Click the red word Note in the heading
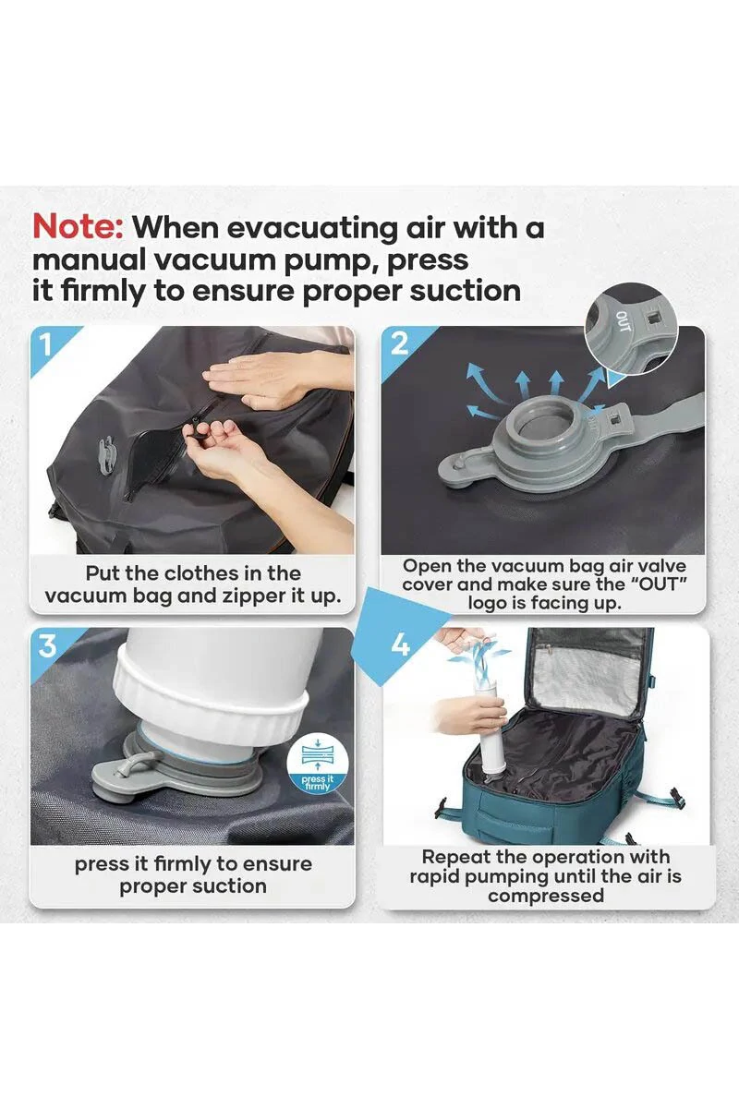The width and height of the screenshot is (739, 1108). pos(78,227)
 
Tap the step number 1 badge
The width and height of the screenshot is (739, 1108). pos(46,344)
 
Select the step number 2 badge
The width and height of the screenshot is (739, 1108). pos(399,344)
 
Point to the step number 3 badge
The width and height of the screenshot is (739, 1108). pos(47,645)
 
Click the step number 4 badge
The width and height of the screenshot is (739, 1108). pos(400,645)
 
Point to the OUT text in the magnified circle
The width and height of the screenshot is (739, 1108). pos(624,321)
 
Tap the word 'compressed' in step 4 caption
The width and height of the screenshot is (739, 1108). pos(546,896)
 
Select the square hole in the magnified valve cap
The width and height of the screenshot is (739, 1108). pos(653,315)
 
